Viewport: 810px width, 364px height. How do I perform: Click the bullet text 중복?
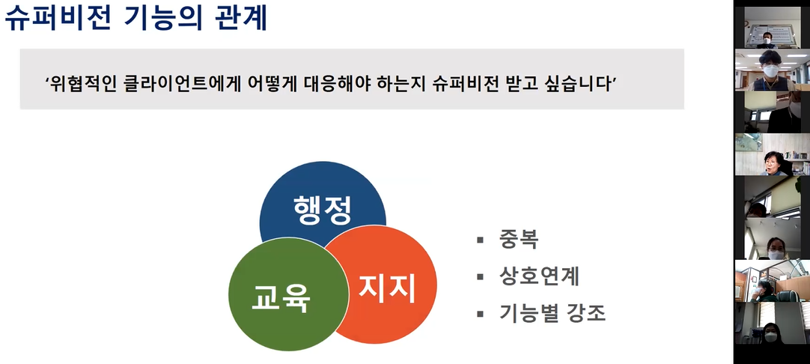(x=519, y=240)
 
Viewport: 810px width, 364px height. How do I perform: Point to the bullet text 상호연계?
(x=539, y=276)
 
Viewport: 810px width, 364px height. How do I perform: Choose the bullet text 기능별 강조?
(x=552, y=313)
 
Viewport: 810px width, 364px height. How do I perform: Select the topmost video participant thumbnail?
(x=772, y=28)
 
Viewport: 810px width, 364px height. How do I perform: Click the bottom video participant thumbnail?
(x=772, y=323)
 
